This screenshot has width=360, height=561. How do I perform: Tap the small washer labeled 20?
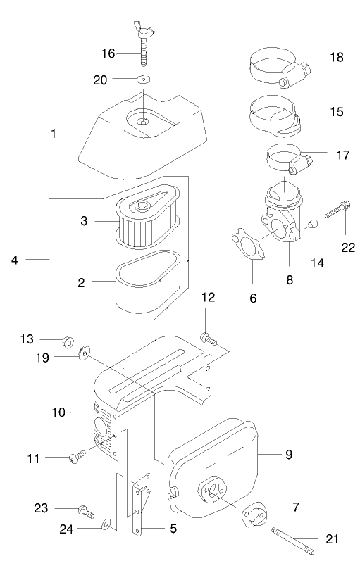coord(143,80)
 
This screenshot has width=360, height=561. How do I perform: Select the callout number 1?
coord(54,132)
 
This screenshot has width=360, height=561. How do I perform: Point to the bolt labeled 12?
coord(208,339)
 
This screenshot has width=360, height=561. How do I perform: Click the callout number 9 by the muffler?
coord(288,454)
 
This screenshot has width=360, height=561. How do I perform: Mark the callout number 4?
coord(14,260)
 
